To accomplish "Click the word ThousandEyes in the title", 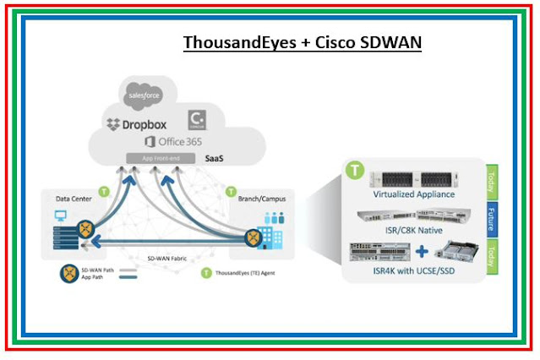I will pos(232,42).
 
